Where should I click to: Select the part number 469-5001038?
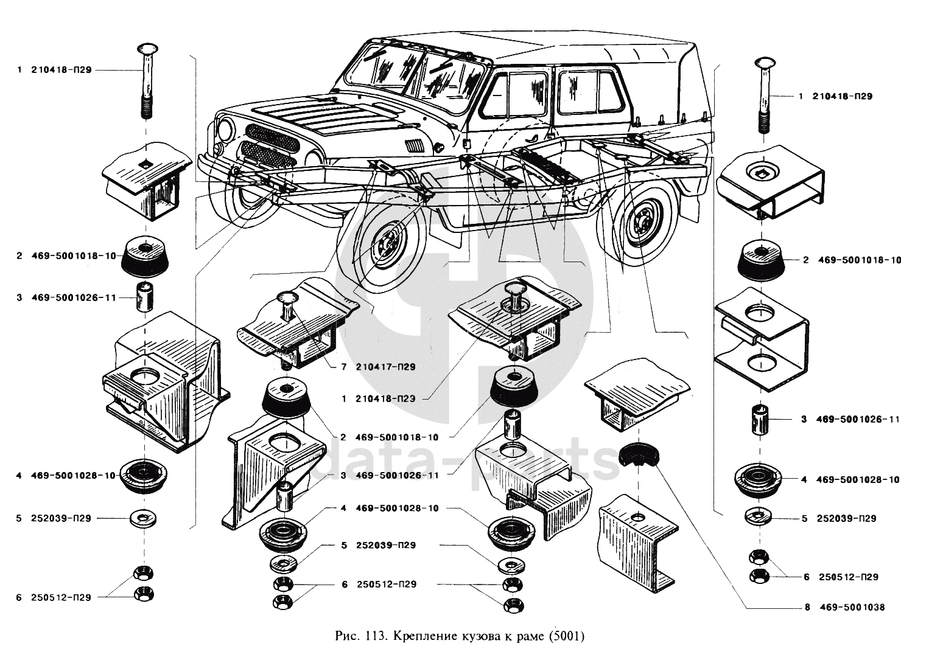(852, 607)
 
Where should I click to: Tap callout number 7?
(343, 367)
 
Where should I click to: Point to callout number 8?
(806, 607)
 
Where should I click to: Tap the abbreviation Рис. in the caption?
(348, 637)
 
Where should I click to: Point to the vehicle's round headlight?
(226, 129)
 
